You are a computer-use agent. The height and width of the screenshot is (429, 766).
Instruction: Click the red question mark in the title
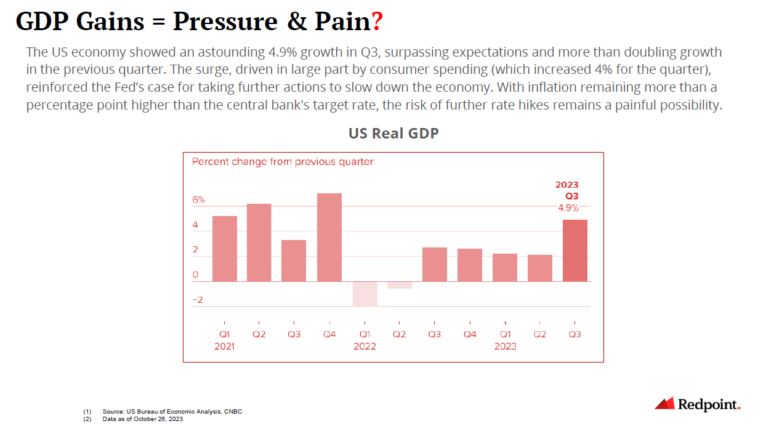[x=377, y=22]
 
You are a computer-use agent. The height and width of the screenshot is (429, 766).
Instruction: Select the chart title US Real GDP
[x=393, y=133]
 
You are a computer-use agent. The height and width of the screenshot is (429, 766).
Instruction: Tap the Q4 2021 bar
[x=329, y=237]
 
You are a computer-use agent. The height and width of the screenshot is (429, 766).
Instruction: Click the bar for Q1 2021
[x=224, y=249]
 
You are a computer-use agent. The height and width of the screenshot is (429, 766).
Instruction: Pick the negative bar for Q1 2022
[x=365, y=294]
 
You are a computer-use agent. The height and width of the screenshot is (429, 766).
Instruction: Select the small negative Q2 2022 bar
[x=400, y=285]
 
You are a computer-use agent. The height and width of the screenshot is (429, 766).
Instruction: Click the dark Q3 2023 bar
[x=575, y=251]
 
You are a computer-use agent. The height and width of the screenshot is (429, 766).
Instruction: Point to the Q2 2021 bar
[x=259, y=243]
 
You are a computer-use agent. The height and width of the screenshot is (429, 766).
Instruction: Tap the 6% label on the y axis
[x=198, y=200]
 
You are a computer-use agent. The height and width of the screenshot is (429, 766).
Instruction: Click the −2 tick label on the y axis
[x=197, y=300]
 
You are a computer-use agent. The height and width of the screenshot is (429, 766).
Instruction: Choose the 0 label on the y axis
[x=195, y=275]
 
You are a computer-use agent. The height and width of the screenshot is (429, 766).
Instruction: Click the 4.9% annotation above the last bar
[x=568, y=208]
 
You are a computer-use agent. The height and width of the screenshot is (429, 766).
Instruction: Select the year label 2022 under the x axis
[x=365, y=347]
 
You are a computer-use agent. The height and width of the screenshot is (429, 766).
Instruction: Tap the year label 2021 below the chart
[x=224, y=347]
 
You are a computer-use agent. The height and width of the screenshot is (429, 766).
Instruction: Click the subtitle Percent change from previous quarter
[x=283, y=162]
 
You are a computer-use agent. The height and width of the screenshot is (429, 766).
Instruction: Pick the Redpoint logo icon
[x=664, y=404]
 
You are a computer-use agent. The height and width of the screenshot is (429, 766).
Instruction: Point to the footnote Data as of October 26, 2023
[x=143, y=419]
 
